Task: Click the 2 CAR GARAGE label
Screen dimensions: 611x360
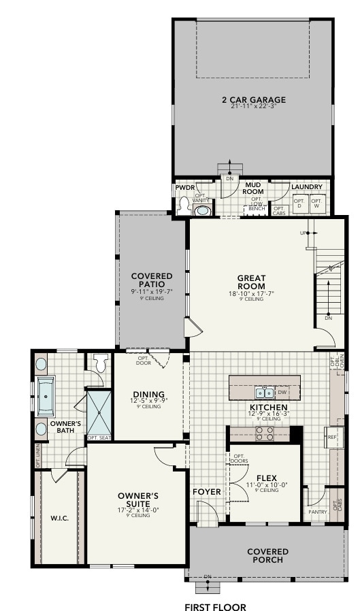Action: coord(253,100)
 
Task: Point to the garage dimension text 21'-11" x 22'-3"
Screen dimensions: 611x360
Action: coord(253,108)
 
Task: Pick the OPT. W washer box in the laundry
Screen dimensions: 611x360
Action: coord(316,203)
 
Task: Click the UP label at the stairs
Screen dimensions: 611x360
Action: coord(303,233)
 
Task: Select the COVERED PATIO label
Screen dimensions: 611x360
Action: coord(152,280)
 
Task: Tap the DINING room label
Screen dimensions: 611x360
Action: coord(148,394)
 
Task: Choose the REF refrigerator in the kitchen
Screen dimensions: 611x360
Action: coord(333,437)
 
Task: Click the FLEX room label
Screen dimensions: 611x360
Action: coord(266,478)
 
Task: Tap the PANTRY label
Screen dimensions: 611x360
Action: coord(318,512)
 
